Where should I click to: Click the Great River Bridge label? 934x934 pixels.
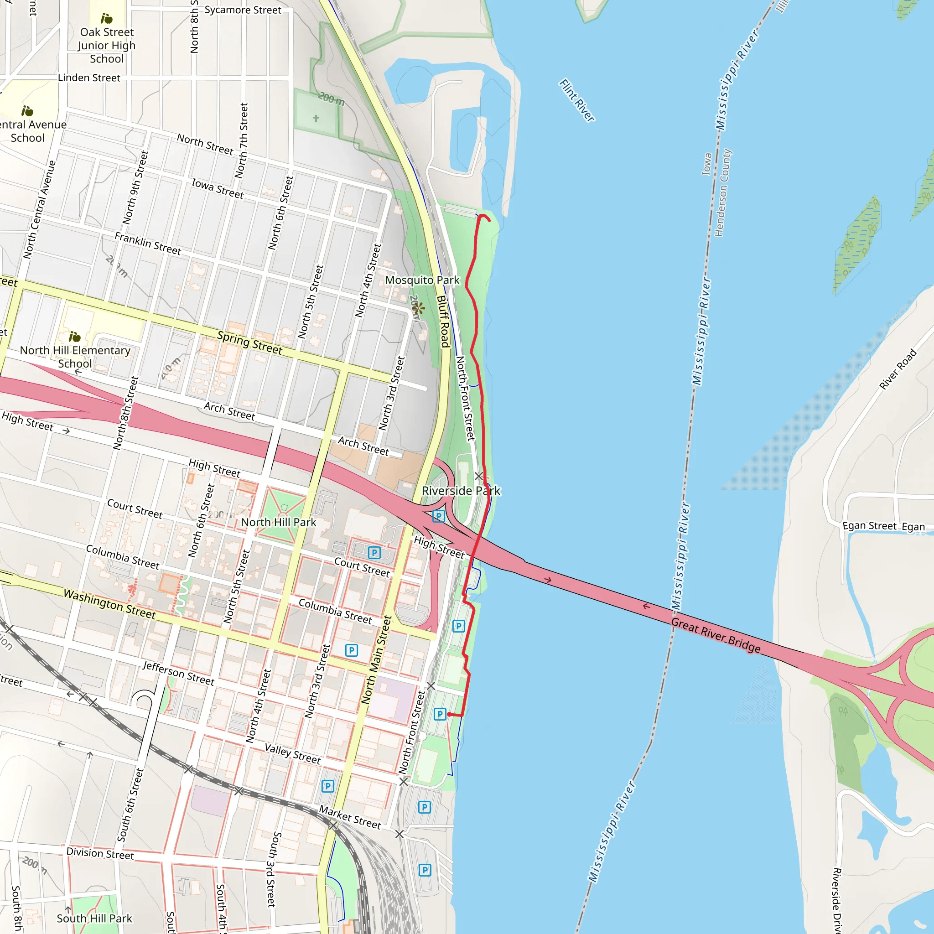(x=716, y=635)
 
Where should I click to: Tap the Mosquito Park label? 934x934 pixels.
(x=422, y=280)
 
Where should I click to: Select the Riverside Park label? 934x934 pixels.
(x=461, y=491)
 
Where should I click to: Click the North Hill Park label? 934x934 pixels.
(x=279, y=522)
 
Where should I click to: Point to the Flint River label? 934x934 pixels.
(x=577, y=100)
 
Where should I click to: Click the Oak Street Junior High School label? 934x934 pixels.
(x=107, y=46)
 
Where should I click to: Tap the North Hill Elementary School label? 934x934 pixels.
(x=75, y=357)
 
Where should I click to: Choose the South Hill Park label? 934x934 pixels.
(x=94, y=918)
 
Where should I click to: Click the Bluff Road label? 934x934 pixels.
(x=443, y=322)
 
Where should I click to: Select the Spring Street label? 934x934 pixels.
(x=249, y=342)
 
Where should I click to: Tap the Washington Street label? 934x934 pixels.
(x=110, y=604)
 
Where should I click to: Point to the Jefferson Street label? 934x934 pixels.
(x=178, y=673)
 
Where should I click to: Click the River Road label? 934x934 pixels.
(x=897, y=369)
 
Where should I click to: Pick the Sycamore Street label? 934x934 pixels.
(x=243, y=10)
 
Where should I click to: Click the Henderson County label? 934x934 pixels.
(x=723, y=193)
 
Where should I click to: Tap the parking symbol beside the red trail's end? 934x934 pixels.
(x=440, y=714)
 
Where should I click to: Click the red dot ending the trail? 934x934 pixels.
(x=450, y=714)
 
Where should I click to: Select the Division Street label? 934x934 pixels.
(x=100, y=853)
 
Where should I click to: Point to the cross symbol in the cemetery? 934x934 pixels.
(x=316, y=119)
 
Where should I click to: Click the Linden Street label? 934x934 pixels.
(x=89, y=78)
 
